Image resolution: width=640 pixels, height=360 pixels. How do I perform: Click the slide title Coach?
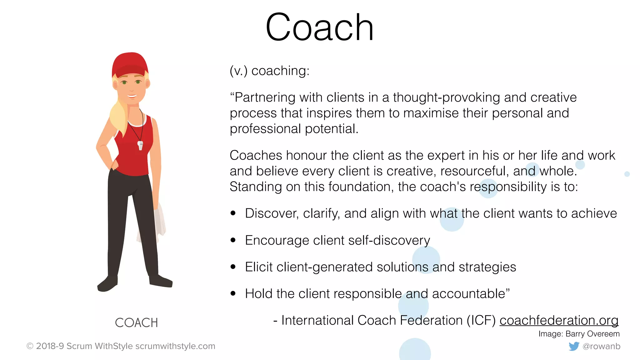(x=319, y=27)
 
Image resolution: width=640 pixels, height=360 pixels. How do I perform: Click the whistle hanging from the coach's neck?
(x=140, y=146)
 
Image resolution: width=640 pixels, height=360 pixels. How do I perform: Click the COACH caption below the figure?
(x=136, y=323)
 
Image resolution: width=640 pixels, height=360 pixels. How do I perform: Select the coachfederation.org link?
(x=559, y=320)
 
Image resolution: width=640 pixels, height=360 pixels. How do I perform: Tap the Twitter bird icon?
(x=574, y=346)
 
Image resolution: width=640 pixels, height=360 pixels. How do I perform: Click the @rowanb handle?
(x=601, y=346)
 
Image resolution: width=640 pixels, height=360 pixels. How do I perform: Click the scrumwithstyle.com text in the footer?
(x=175, y=346)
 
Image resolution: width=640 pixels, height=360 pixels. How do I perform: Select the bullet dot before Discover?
(x=233, y=213)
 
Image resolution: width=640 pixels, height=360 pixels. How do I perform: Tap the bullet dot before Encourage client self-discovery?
(x=233, y=240)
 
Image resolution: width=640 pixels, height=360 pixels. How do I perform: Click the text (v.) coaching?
(x=269, y=71)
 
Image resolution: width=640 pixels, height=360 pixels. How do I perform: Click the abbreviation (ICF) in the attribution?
(x=481, y=320)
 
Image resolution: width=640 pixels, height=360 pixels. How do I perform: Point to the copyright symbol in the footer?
(x=30, y=346)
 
